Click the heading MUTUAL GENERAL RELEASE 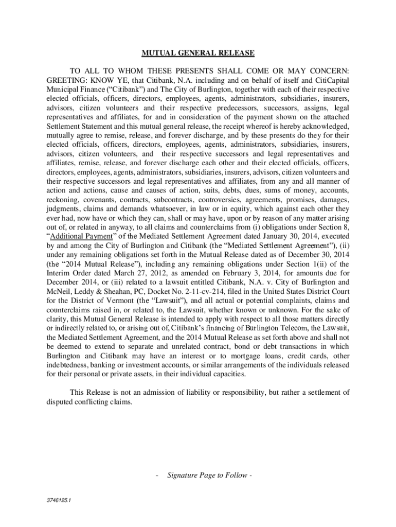click(198, 52)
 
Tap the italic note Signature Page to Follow click(206, 475)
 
